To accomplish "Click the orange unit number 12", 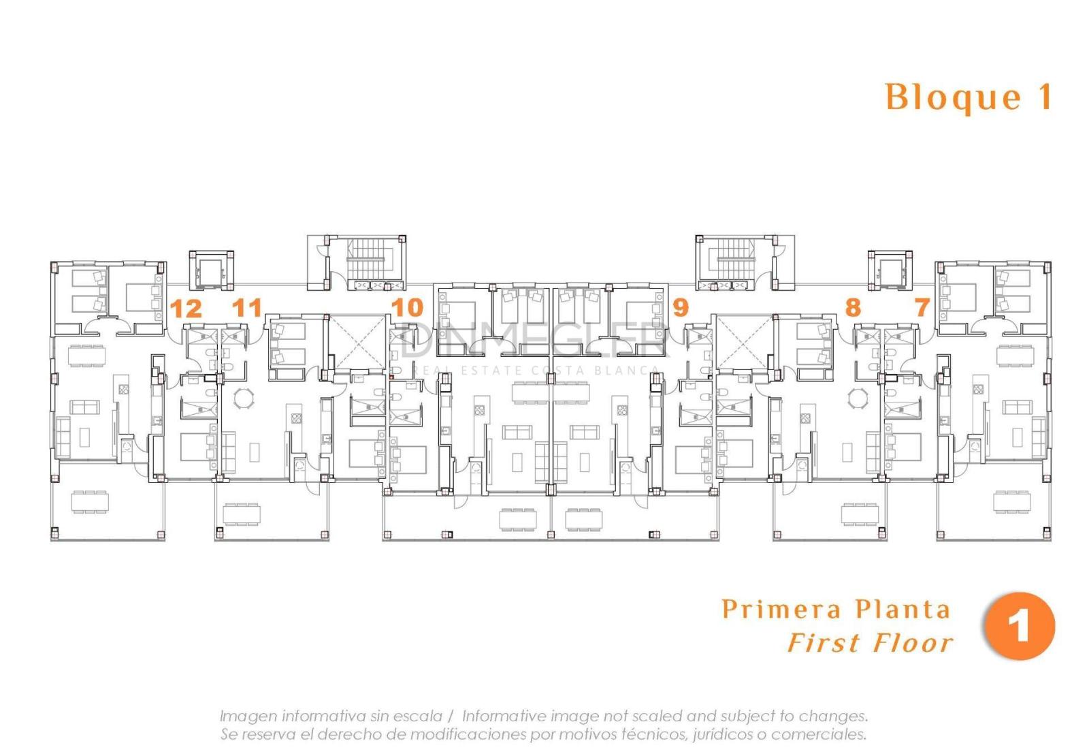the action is click(x=186, y=309).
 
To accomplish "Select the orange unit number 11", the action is click(x=247, y=308).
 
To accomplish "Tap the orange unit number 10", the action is click(x=408, y=307).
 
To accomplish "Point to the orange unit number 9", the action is click(x=681, y=307).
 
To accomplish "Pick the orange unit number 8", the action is click(x=854, y=307).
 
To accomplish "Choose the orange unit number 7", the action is click(x=922, y=307).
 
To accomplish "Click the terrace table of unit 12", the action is click(x=90, y=501).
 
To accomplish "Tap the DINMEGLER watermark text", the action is click(x=534, y=339).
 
